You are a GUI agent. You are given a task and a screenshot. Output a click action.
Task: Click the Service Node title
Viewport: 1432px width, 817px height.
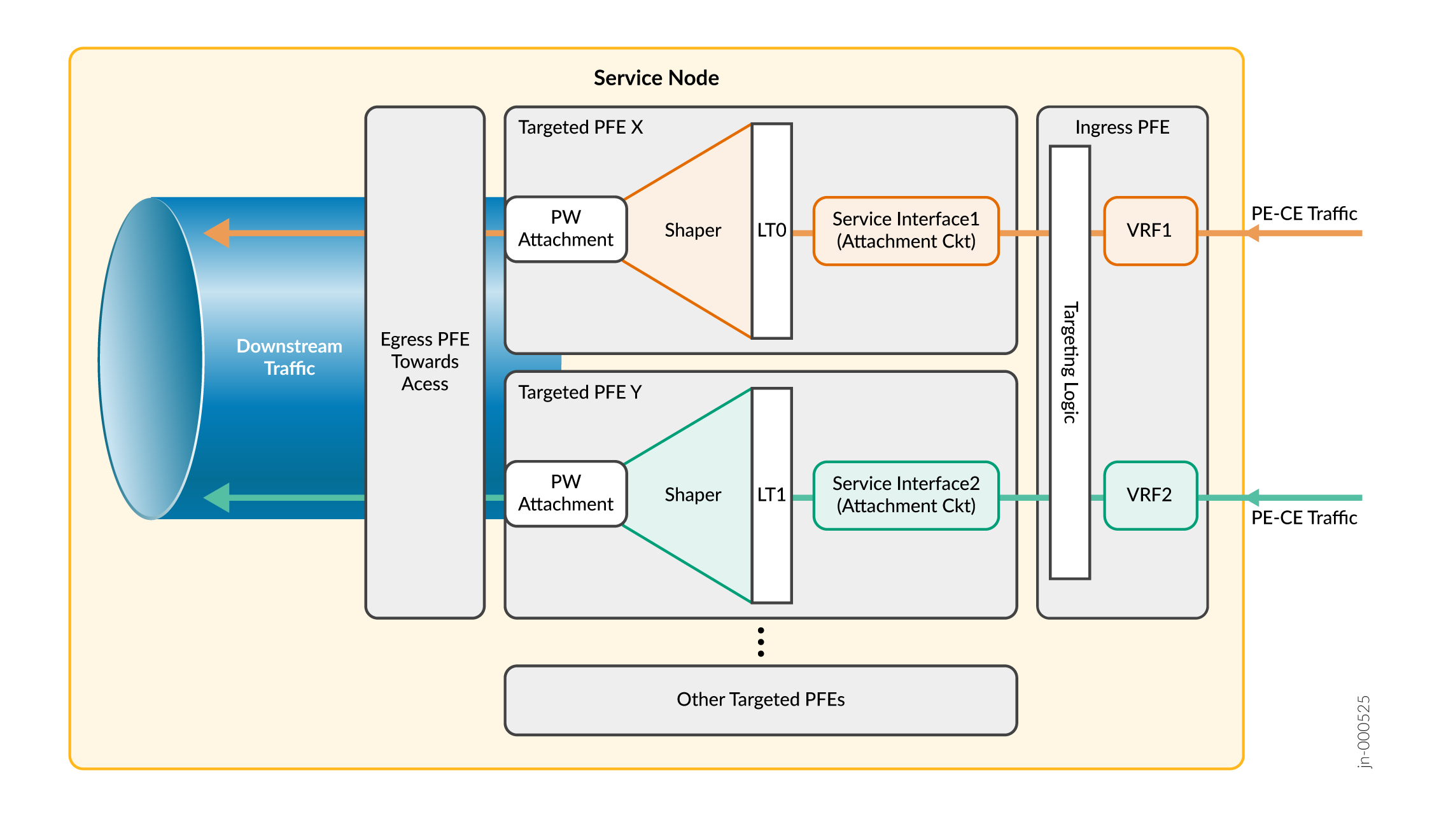coord(656,78)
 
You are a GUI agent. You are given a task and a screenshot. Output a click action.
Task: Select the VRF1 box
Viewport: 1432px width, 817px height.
coord(1150,230)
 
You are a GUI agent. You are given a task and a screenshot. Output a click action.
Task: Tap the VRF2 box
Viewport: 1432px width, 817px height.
coord(1150,495)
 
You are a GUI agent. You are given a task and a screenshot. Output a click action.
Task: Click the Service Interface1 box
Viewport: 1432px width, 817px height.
coord(906,230)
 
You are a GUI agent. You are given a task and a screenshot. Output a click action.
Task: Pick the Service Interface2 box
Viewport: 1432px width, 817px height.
coord(906,495)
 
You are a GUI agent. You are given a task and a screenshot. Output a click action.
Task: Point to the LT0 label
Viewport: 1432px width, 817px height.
coord(771,230)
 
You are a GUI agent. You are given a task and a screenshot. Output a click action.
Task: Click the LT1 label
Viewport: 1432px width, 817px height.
coord(771,495)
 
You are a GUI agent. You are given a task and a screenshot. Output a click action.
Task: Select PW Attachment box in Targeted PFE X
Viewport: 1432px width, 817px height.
coord(566,229)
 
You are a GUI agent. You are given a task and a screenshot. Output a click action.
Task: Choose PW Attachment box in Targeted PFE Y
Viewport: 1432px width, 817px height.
coord(566,494)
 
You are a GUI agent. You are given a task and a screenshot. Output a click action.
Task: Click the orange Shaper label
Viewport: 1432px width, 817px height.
coord(692,230)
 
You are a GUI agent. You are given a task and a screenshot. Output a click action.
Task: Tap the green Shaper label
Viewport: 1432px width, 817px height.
coord(692,495)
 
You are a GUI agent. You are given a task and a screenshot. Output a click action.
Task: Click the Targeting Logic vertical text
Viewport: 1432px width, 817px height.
coord(1070,362)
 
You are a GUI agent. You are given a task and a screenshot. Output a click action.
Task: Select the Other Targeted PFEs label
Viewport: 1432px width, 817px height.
coord(761,700)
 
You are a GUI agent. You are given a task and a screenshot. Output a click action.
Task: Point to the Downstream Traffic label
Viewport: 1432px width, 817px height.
coord(290,357)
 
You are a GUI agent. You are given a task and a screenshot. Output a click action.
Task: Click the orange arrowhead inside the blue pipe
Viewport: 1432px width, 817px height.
coord(217,234)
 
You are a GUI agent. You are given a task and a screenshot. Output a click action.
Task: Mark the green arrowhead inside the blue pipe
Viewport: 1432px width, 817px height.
coord(217,498)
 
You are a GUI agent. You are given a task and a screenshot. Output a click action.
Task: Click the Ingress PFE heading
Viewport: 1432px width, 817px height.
coord(1122,127)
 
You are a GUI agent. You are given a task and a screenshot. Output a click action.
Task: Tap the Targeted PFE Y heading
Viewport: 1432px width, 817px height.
coord(580,392)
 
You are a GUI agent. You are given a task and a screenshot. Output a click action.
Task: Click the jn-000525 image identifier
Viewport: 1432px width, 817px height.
coord(1363,732)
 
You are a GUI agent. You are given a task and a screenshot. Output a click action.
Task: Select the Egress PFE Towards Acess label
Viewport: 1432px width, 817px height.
coord(425,361)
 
